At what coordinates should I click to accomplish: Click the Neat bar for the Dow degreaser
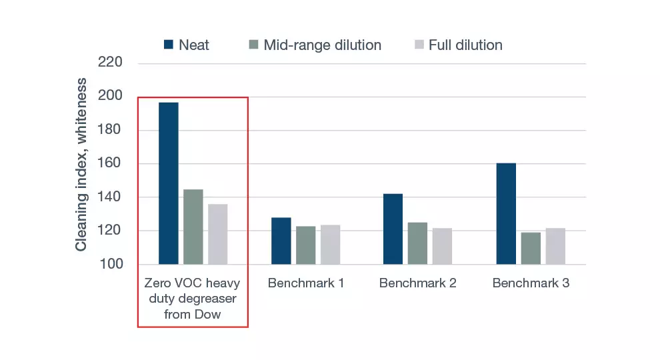tap(168, 183)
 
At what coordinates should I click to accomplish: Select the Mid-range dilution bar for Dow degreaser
tap(193, 227)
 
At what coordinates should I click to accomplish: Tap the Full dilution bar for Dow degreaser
tap(217, 234)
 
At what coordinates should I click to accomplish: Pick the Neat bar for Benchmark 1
tap(281, 241)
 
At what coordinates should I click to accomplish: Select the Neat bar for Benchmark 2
tap(393, 229)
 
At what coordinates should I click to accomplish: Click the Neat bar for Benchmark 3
tap(506, 213)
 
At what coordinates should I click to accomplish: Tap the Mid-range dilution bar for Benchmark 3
tap(531, 248)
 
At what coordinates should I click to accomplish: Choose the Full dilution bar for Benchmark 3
tap(555, 246)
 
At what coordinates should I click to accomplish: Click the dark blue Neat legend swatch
tap(169, 45)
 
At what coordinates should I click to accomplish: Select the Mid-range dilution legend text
tap(322, 45)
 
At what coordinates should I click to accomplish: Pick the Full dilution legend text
tap(465, 45)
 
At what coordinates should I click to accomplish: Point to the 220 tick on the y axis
tap(110, 63)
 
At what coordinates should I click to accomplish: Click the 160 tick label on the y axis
tap(110, 164)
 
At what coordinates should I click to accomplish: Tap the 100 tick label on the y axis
tap(110, 265)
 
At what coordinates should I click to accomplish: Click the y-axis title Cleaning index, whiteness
tap(81, 164)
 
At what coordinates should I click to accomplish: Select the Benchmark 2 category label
tap(417, 283)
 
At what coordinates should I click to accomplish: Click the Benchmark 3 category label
tap(531, 283)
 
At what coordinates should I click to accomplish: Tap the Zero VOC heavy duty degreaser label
tap(193, 298)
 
